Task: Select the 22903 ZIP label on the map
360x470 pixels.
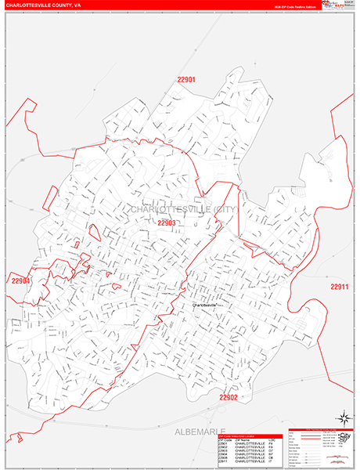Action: [167, 222]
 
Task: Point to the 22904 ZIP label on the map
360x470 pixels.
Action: [20, 280]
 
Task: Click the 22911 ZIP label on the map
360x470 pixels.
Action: [339, 286]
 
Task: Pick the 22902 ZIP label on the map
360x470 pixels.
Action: [228, 397]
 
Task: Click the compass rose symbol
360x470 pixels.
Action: [342, 418]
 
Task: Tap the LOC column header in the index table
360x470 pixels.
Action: [273, 440]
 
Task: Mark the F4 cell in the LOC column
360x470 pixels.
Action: [273, 444]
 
